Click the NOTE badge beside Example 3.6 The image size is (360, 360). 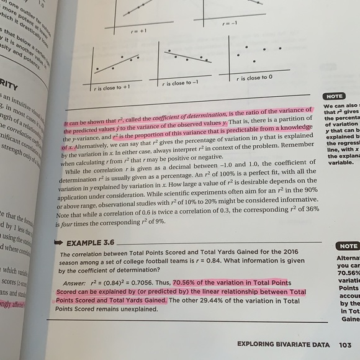pyautogui.click(x=346, y=246)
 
